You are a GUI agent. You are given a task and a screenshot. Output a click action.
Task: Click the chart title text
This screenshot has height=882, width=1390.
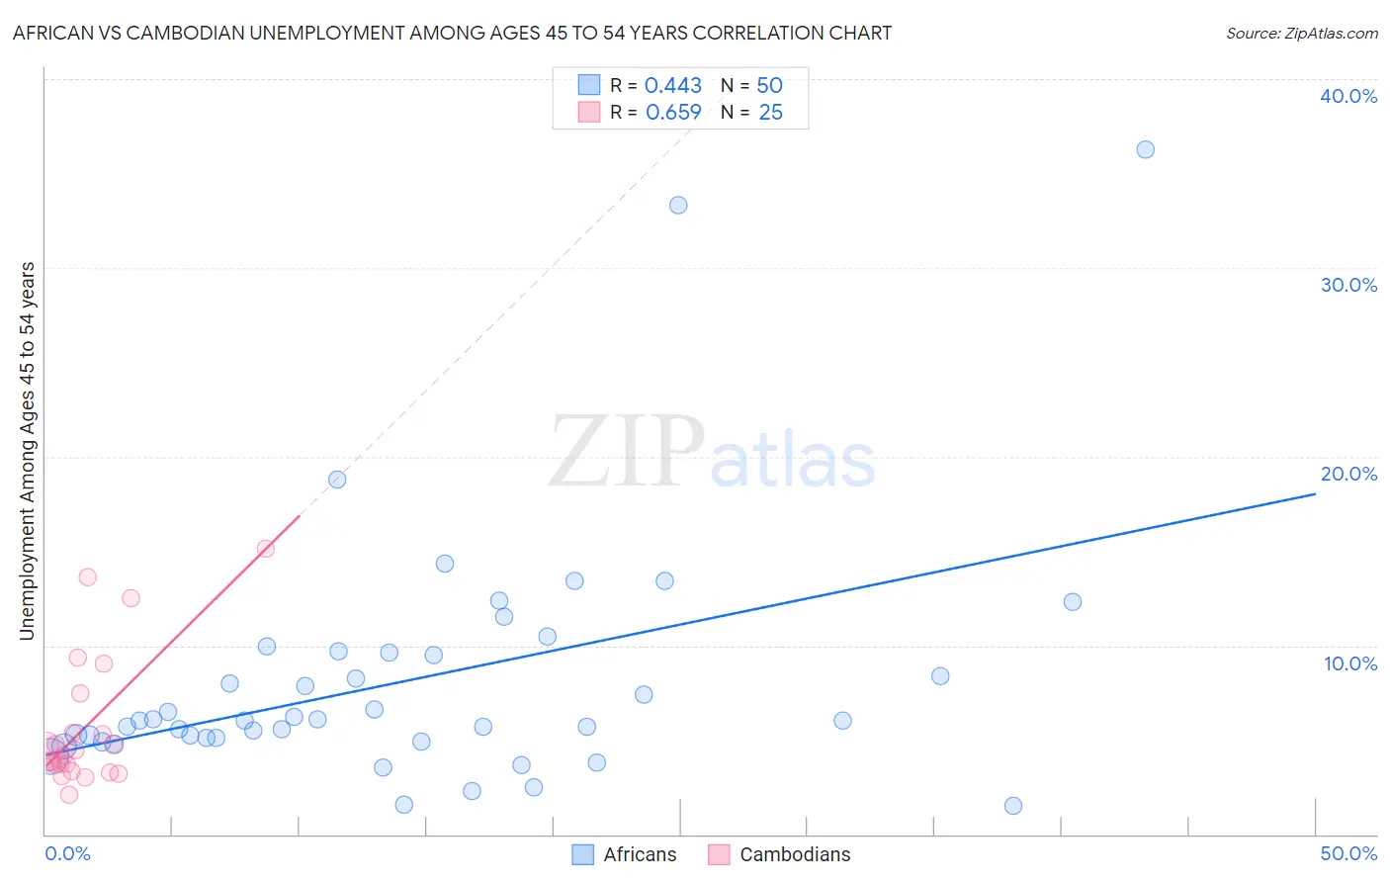pos(452,33)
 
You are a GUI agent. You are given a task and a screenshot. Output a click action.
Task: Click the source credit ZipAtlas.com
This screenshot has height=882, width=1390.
pos(1301,33)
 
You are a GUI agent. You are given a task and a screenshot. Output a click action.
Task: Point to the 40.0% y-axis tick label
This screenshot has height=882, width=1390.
pos(1347,96)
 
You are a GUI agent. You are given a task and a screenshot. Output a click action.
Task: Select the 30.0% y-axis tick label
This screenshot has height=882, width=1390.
pos(1347,285)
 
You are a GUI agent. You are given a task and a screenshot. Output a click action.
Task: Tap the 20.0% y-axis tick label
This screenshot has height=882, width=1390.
pos(1347,474)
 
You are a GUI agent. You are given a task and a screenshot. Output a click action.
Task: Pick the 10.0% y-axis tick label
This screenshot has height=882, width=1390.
pos(1349,663)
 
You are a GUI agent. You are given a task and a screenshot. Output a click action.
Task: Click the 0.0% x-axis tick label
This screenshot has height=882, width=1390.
pos(67,853)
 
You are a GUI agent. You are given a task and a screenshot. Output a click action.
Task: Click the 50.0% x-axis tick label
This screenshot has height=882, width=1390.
pos(1347,853)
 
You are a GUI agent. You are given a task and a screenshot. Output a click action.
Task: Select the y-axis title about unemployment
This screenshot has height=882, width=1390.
pos(28,451)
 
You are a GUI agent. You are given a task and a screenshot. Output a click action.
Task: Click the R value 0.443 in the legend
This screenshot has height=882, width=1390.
pos(672,86)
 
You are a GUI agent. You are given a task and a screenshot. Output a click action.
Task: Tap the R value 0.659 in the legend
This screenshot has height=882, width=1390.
pos(673,113)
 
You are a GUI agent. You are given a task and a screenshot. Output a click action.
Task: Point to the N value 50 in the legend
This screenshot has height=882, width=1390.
pos(769,86)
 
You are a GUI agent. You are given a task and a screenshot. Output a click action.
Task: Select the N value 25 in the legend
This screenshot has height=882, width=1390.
pos(770,113)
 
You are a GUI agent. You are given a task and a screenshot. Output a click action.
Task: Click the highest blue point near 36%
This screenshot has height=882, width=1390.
pos(1145,149)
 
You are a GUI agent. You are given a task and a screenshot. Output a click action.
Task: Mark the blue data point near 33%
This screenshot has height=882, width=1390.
pos(678,206)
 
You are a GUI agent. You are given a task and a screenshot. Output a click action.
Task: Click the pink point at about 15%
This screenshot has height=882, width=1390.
pos(265,549)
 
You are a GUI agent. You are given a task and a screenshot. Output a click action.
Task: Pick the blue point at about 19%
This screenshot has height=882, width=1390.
pos(337,480)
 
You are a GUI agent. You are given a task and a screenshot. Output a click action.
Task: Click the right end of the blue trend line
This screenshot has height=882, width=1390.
pos(1315,492)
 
